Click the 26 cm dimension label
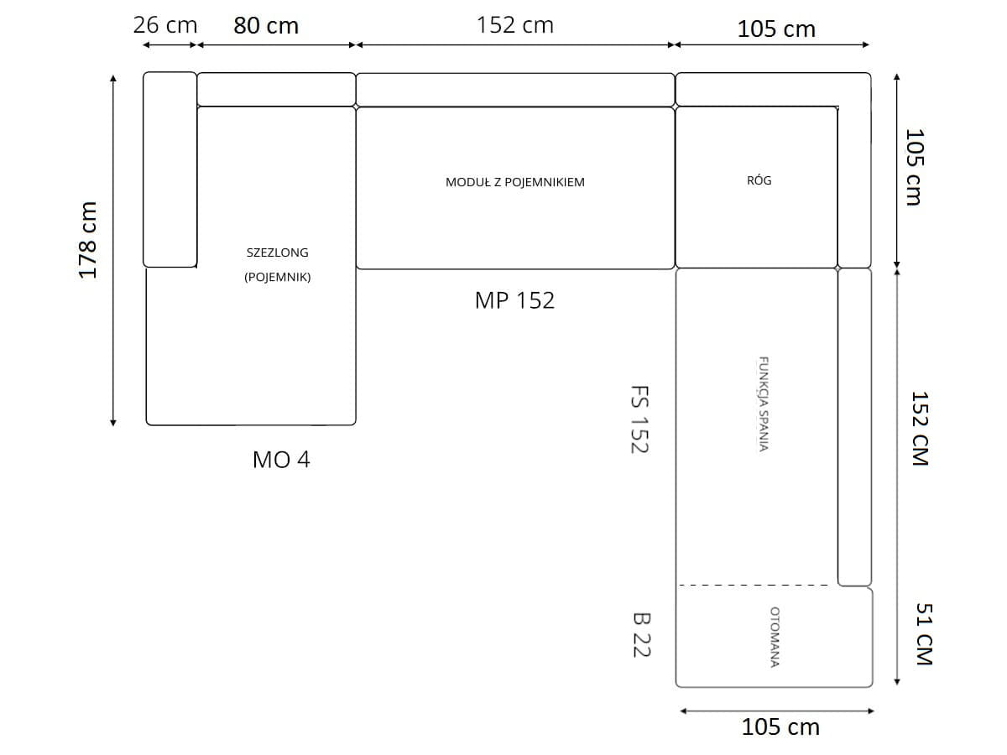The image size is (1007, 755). (165, 25)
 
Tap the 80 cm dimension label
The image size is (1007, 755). (266, 26)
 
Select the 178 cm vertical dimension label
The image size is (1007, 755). (87, 240)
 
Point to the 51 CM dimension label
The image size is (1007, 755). (924, 633)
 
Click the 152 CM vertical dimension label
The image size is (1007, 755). (920, 428)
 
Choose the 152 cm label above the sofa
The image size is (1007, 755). (515, 25)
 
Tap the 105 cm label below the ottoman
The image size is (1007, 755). (780, 727)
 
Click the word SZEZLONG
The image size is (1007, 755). (277, 253)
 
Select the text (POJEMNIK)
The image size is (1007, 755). (278, 277)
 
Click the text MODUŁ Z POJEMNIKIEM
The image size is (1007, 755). (515, 182)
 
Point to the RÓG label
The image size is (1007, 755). (759, 180)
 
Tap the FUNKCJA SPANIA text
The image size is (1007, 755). (763, 404)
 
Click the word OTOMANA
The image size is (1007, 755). (775, 638)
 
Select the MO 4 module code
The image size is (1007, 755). (281, 460)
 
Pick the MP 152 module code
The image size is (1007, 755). (514, 300)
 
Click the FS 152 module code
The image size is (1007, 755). (639, 420)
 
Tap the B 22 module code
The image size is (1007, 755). (641, 635)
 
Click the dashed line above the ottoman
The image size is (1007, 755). (754, 585)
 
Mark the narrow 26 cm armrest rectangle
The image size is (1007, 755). (170, 169)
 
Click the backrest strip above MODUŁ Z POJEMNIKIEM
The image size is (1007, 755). (515, 90)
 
